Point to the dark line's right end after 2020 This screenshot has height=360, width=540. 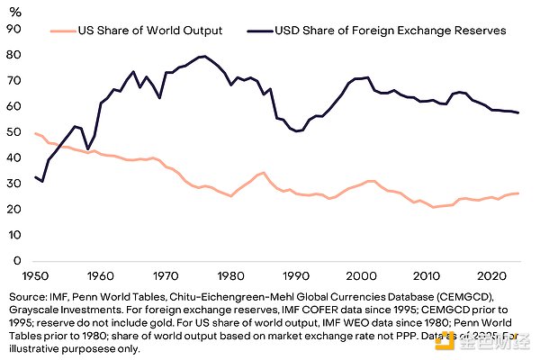click(x=519, y=112)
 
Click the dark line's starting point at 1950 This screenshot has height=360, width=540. click(x=35, y=176)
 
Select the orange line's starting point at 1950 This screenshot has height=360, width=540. click(x=35, y=133)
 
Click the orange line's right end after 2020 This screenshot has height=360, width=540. click(x=519, y=193)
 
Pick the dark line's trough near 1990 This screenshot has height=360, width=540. click(x=298, y=130)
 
